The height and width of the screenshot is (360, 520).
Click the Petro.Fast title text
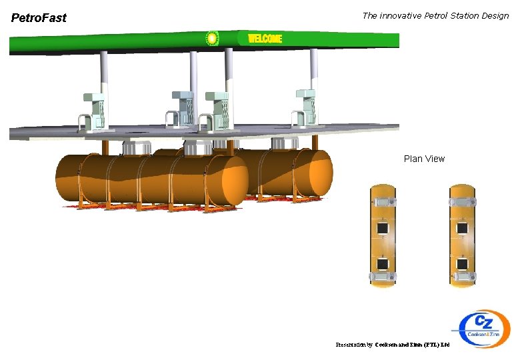point(39,18)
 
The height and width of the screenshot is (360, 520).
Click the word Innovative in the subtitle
point(401,15)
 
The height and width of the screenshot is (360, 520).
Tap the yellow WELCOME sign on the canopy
point(265,39)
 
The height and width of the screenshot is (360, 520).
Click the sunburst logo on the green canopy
point(211,39)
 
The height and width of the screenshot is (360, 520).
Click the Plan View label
point(424,159)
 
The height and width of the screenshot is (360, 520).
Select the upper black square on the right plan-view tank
point(461,229)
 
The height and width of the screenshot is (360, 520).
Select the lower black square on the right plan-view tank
point(461,263)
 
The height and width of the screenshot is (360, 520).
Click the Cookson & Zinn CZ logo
point(485,328)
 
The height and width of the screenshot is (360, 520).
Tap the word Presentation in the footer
point(353,345)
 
